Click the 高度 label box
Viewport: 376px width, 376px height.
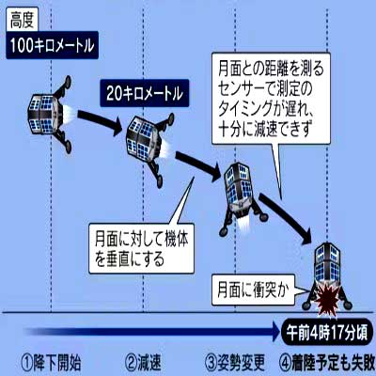tap(22, 21)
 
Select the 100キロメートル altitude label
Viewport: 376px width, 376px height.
tap(52, 45)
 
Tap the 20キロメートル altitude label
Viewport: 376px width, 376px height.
tap(145, 93)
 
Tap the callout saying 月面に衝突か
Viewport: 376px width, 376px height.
tap(253, 290)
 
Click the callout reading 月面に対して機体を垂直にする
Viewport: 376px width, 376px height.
tap(142, 248)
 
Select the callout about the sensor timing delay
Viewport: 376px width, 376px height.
tap(271, 99)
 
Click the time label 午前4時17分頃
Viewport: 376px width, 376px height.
tap(327, 332)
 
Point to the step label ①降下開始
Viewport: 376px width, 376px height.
tap(51, 362)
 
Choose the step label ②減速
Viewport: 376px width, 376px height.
tap(143, 362)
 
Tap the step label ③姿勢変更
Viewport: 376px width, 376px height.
tap(235, 362)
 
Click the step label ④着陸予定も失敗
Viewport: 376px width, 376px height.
tap(327, 362)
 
